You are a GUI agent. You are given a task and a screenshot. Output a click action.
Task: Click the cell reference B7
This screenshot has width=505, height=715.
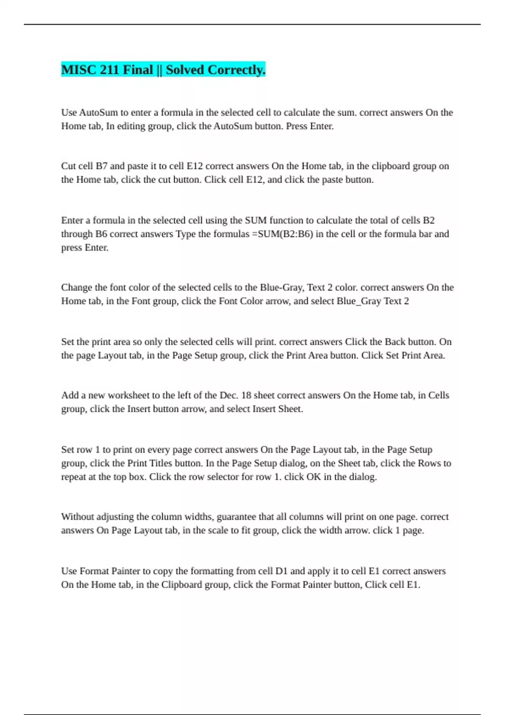click(102, 166)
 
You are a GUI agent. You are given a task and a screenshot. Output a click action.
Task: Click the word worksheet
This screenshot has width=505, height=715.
click(128, 395)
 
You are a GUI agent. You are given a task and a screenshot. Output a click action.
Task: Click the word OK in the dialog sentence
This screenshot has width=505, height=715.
click(314, 477)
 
